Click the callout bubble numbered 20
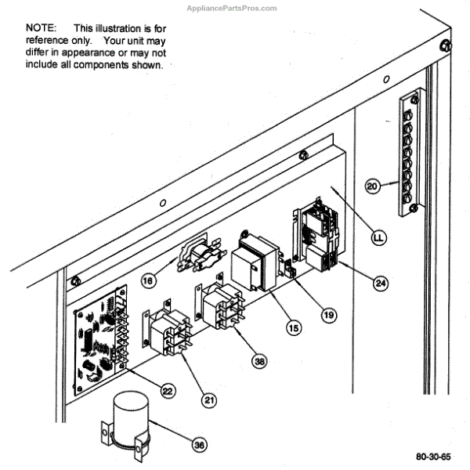tap(373, 186)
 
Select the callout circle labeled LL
tap(378, 236)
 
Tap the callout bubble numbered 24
tap(380, 283)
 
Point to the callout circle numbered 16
tap(149, 279)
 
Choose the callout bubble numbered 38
tap(259, 361)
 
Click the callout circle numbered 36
tap(200, 444)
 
